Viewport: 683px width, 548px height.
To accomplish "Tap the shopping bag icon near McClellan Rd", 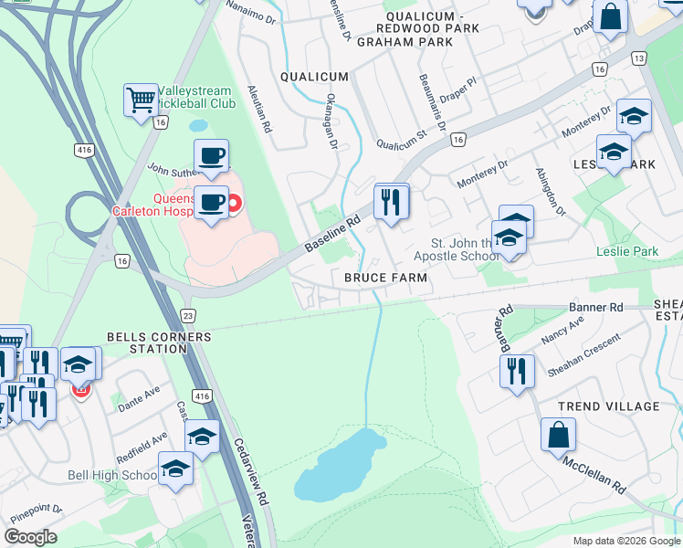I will click(558, 436).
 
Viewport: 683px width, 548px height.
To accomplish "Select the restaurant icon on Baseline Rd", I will click(392, 201).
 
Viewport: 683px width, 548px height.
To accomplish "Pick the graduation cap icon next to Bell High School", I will click(175, 470).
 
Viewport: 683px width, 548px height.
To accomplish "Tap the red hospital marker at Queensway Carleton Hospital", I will click(234, 202).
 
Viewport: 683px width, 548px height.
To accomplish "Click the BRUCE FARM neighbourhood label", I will click(386, 277).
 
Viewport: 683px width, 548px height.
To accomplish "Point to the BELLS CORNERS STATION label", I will click(159, 342).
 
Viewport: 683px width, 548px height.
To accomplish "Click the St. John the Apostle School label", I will click(466, 249).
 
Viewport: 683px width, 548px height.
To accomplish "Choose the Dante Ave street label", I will click(139, 394).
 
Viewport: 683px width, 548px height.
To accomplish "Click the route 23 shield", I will click(188, 315).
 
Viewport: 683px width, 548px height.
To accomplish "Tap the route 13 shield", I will click(638, 58).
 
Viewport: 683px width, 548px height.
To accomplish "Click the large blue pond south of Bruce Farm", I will click(339, 467).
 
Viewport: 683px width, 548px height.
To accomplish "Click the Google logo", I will click(31, 537).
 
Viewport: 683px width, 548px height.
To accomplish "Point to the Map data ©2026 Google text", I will click(625, 541).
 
